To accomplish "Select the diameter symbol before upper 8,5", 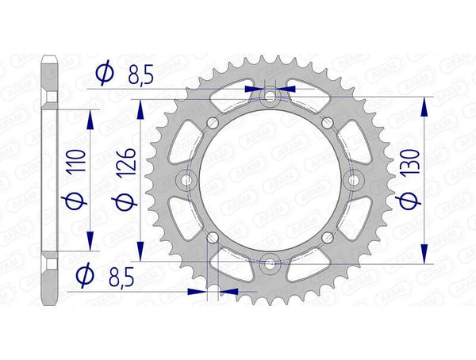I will click(x=103, y=75).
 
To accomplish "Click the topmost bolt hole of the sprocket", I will click(x=271, y=96).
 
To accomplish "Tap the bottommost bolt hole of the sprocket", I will click(x=271, y=261).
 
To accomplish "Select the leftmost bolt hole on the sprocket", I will click(x=188, y=178).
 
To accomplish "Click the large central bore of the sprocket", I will click(x=271, y=178).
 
